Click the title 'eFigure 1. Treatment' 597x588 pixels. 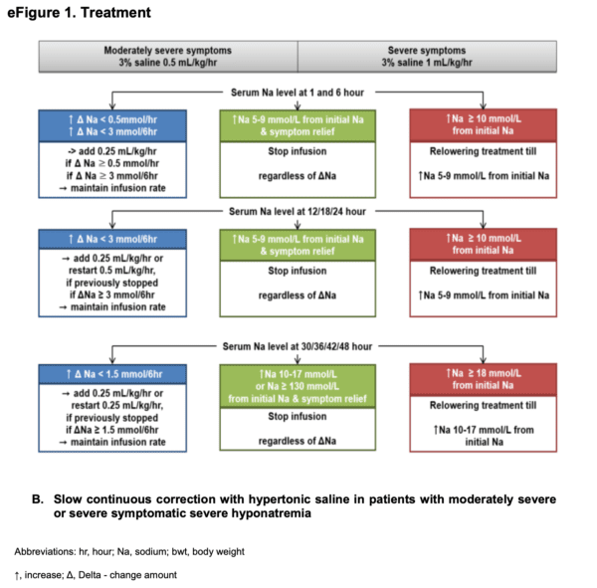80,13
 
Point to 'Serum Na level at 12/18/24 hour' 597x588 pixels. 298,211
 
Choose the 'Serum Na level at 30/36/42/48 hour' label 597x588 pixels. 298,346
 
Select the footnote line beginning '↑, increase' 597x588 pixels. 97,574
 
